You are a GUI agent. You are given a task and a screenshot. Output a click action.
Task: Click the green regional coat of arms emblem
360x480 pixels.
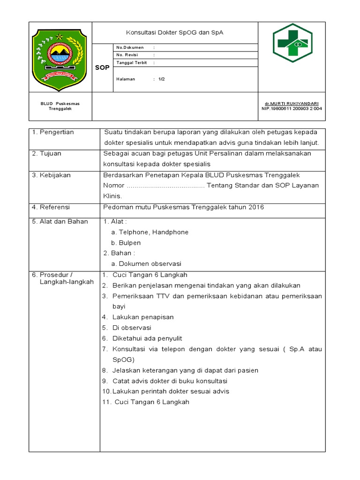[60, 56]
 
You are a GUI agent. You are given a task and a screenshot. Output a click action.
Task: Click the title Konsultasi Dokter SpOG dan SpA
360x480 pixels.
[174, 33]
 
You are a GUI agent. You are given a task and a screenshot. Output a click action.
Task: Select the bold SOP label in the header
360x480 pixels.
[102, 67]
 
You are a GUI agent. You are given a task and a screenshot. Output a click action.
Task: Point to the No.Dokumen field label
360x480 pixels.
[130, 47]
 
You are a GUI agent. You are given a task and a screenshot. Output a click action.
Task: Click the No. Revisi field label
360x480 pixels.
[129, 55]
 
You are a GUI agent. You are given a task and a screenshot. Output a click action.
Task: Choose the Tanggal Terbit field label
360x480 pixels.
[133, 62]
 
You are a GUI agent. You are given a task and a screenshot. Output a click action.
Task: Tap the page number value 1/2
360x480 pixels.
[161, 79]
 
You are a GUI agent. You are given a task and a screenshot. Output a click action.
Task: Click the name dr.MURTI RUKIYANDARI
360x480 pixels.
[292, 103]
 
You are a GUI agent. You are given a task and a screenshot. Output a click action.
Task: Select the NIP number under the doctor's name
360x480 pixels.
[292, 108]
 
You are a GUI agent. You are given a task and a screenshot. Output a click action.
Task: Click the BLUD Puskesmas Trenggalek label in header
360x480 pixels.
[60, 106]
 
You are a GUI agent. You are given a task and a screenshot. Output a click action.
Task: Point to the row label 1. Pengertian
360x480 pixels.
[53, 132]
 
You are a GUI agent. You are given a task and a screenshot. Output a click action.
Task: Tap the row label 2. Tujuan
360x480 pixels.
[47, 153]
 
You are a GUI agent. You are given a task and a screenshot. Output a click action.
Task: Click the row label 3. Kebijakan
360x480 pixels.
[52, 175]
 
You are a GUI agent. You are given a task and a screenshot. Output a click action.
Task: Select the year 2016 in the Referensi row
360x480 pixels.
[256, 207]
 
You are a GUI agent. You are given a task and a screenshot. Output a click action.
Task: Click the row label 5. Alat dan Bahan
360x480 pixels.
[60, 221]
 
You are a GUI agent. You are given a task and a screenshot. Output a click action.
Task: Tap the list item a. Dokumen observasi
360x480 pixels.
[146, 263]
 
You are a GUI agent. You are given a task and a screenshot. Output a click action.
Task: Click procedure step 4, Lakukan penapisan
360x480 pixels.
[143, 317]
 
